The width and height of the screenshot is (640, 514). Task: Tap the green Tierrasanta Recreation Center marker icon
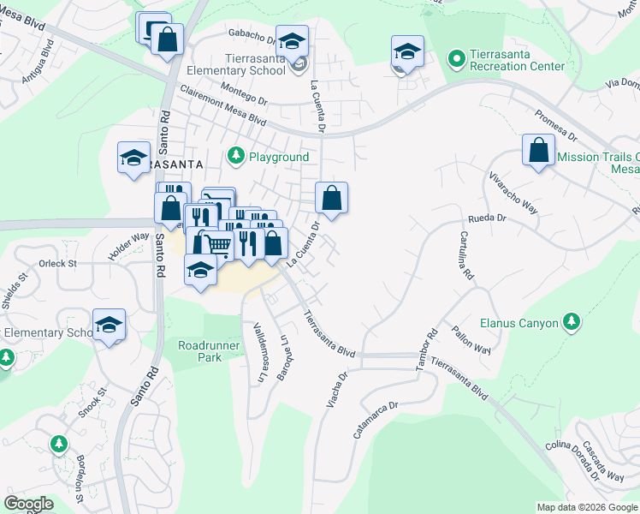[457, 58]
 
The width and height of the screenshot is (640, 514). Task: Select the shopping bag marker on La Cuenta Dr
[332, 198]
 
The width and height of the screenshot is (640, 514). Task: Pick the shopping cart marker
[219, 245]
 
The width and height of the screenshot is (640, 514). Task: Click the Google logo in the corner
[29, 504]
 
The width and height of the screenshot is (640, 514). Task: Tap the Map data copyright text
[587, 507]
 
